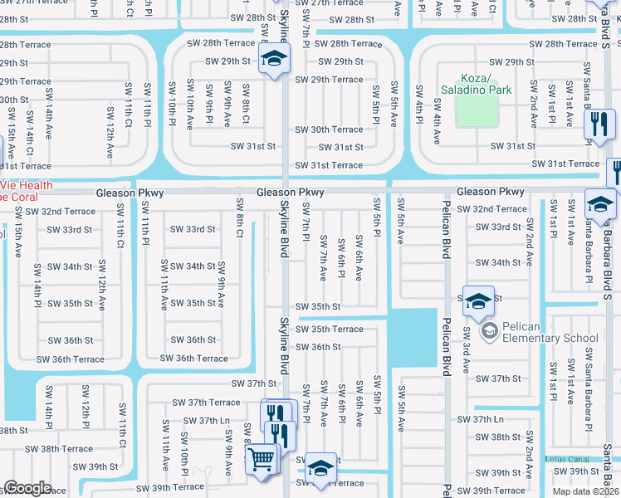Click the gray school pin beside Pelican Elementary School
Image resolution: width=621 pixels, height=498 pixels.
(x=489, y=332)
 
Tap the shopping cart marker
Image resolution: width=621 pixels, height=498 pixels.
(x=262, y=458)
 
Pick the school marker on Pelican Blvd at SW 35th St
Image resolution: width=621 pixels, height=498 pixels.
(x=478, y=303)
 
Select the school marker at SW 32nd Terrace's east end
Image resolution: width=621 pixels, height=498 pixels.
(x=601, y=204)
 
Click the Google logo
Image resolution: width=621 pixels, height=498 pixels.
(x=27, y=488)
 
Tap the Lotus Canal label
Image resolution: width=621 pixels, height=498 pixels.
(x=569, y=459)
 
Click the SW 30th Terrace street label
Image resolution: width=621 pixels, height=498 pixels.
(x=335, y=129)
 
